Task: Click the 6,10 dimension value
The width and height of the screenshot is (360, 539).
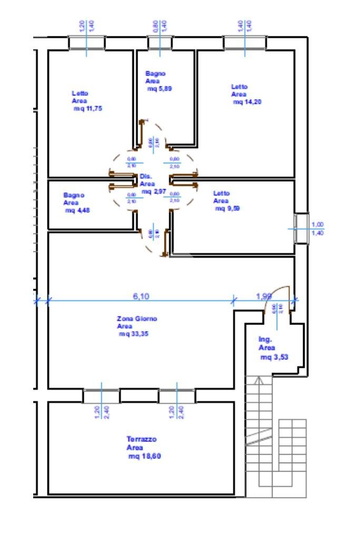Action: (141, 297)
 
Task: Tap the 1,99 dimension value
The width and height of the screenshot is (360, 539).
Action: (264, 297)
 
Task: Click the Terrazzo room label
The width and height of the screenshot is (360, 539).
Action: (141, 439)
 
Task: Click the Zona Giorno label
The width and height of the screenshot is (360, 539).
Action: (137, 319)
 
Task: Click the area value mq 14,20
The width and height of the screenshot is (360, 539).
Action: (247, 102)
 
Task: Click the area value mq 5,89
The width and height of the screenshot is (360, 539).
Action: (159, 89)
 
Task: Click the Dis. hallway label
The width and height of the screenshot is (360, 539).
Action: (145, 177)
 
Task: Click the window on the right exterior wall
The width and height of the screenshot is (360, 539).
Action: (300, 229)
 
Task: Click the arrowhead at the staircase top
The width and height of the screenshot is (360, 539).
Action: (258, 380)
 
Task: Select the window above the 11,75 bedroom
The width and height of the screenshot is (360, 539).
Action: (86, 43)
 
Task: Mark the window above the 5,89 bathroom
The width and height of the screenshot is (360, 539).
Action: (159, 43)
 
